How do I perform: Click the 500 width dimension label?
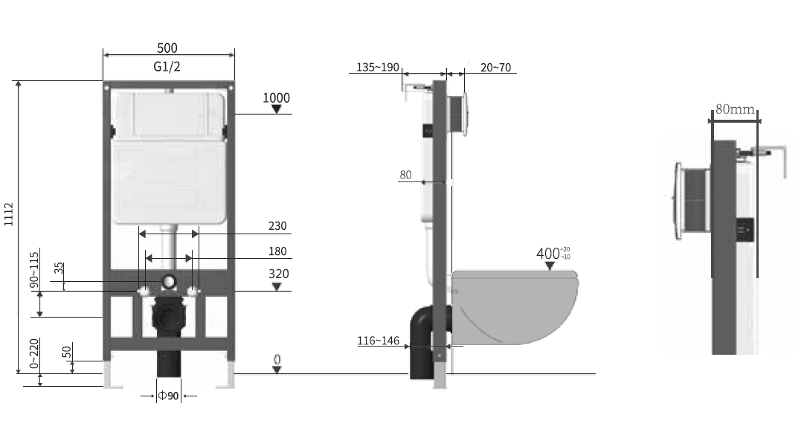coord(167,48)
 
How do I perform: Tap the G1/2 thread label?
coord(167,67)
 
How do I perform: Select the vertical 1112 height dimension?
coord(9,214)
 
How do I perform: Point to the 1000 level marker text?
coord(277,98)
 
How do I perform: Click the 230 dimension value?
coord(277,226)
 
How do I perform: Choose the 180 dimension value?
coord(277,251)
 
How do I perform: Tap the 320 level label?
coord(278,274)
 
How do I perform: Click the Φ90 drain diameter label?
coord(168,396)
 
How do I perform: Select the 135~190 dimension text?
coord(378,67)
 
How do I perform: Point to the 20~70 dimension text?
coord(495,67)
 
